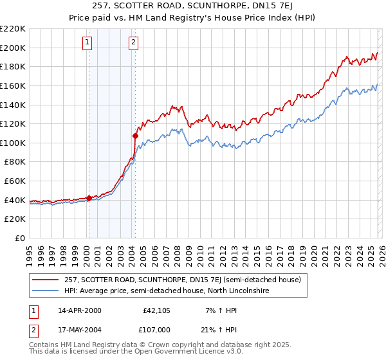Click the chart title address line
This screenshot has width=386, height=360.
[193, 6]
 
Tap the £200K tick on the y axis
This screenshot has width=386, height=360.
[13, 48]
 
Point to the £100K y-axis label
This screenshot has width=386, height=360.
[13, 143]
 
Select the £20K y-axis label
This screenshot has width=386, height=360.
[15, 219]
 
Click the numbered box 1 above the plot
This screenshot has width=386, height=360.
[87, 43]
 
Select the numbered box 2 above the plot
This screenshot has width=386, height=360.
[133, 43]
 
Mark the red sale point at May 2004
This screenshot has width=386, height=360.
[135, 136]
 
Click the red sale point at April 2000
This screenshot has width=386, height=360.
[89, 198]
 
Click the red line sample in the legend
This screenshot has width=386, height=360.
[46, 280]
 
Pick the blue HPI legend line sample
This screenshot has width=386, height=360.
[46, 291]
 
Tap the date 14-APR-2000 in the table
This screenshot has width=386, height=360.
[79, 311]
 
